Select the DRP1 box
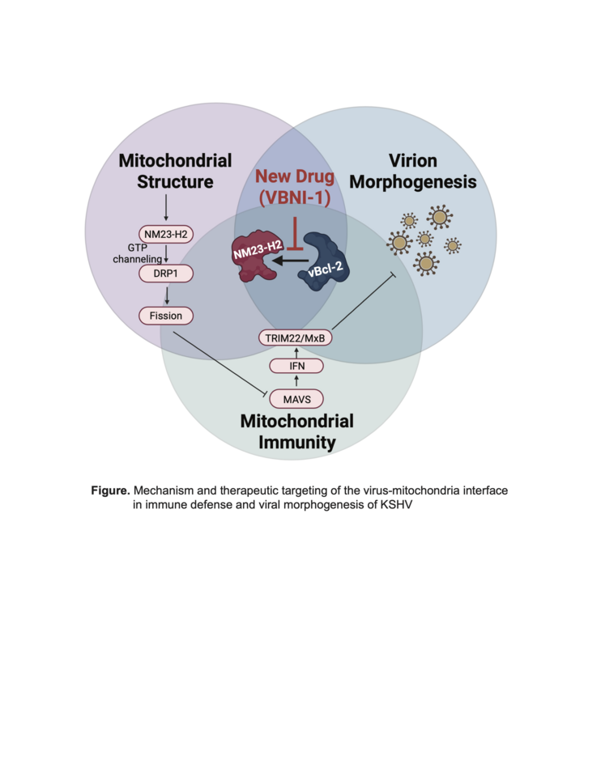(x=165, y=274)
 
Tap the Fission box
(x=165, y=315)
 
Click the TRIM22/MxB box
(x=296, y=337)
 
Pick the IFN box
(x=296, y=367)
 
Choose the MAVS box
(x=296, y=398)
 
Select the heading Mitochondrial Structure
(x=175, y=171)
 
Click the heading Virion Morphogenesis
(x=419, y=171)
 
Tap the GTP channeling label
(x=138, y=253)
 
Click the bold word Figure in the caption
(x=109, y=490)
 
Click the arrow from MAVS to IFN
(x=296, y=382)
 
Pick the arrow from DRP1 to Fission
(x=165, y=295)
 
